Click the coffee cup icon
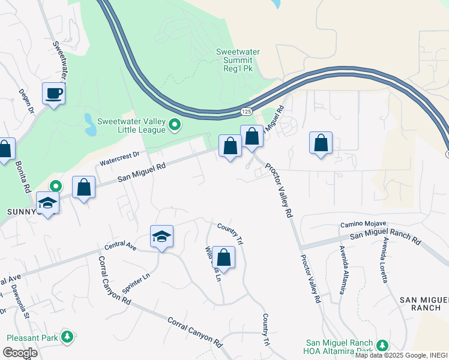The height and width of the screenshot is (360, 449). coord(53,94)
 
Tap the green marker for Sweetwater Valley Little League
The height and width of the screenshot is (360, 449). coord(175,125)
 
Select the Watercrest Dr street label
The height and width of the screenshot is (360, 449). coord(119,157)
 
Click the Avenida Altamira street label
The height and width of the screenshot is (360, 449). coord(342,270)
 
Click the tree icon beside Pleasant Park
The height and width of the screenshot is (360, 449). coord(68,337)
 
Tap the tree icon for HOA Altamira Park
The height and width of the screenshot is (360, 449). coord(382,344)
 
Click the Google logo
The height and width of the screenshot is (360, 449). coord(20,352)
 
